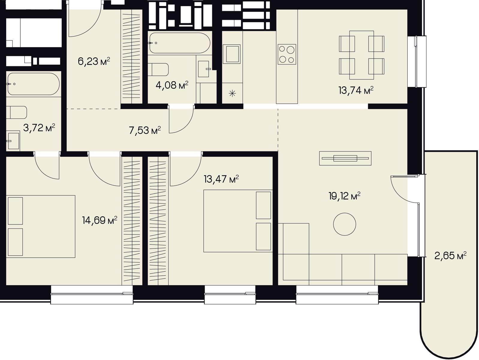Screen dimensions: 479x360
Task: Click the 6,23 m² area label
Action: [94, 61]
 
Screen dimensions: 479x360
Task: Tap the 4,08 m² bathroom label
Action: [172, 85]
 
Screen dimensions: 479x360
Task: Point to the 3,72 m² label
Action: [39, 128]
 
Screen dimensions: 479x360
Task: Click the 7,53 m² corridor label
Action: [145, 130]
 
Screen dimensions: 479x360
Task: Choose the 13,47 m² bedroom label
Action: [221, 179]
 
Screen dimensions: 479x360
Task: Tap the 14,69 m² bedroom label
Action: [100, 220]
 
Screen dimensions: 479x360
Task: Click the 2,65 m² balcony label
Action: [451, 256]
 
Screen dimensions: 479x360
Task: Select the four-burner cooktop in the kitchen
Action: [287, 54]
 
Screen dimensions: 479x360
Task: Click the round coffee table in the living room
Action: [345, 224]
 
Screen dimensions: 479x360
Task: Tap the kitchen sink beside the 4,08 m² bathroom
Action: [231, 54]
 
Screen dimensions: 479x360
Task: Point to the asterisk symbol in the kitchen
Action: [232, 94]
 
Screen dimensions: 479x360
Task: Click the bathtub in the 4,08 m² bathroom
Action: [180, 43]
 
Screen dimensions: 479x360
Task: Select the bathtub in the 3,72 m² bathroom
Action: [33, 84]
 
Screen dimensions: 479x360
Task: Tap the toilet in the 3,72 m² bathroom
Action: [16, 112]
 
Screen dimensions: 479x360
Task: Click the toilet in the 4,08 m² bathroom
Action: [158, 70]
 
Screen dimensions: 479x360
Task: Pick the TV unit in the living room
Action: [345, 158]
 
